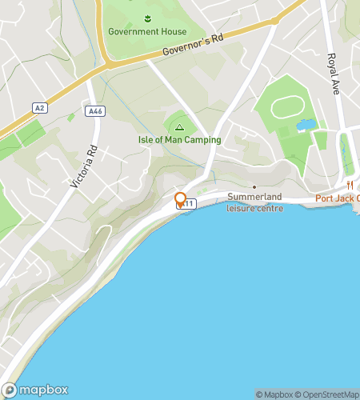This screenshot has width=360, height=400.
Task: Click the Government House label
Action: (x=147, y=32)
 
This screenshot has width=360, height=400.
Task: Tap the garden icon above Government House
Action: (x=147, y=18)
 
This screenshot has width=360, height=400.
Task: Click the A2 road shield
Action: (x=39, y=106)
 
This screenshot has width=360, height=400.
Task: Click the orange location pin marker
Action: (x=181, y=199)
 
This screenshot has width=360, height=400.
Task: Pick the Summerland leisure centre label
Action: (x=255, y=202)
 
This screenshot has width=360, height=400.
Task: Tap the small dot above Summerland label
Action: (x=254, y=187)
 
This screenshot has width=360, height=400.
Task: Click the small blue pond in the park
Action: (x=304, y=126)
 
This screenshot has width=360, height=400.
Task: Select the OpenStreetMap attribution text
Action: (x=328, y=394)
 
